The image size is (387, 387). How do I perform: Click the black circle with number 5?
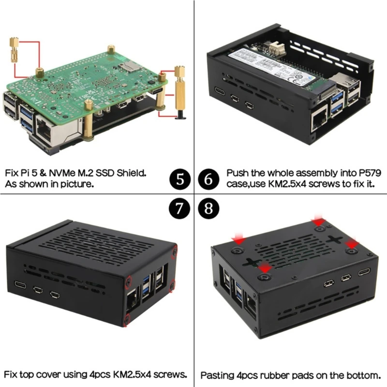click(x=179, y=180)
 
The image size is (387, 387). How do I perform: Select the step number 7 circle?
click(x=179, y=209)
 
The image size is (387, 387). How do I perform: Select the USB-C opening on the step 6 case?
click(x=219, y=91)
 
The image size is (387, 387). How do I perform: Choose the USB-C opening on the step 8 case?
click(x=364, y=272)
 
